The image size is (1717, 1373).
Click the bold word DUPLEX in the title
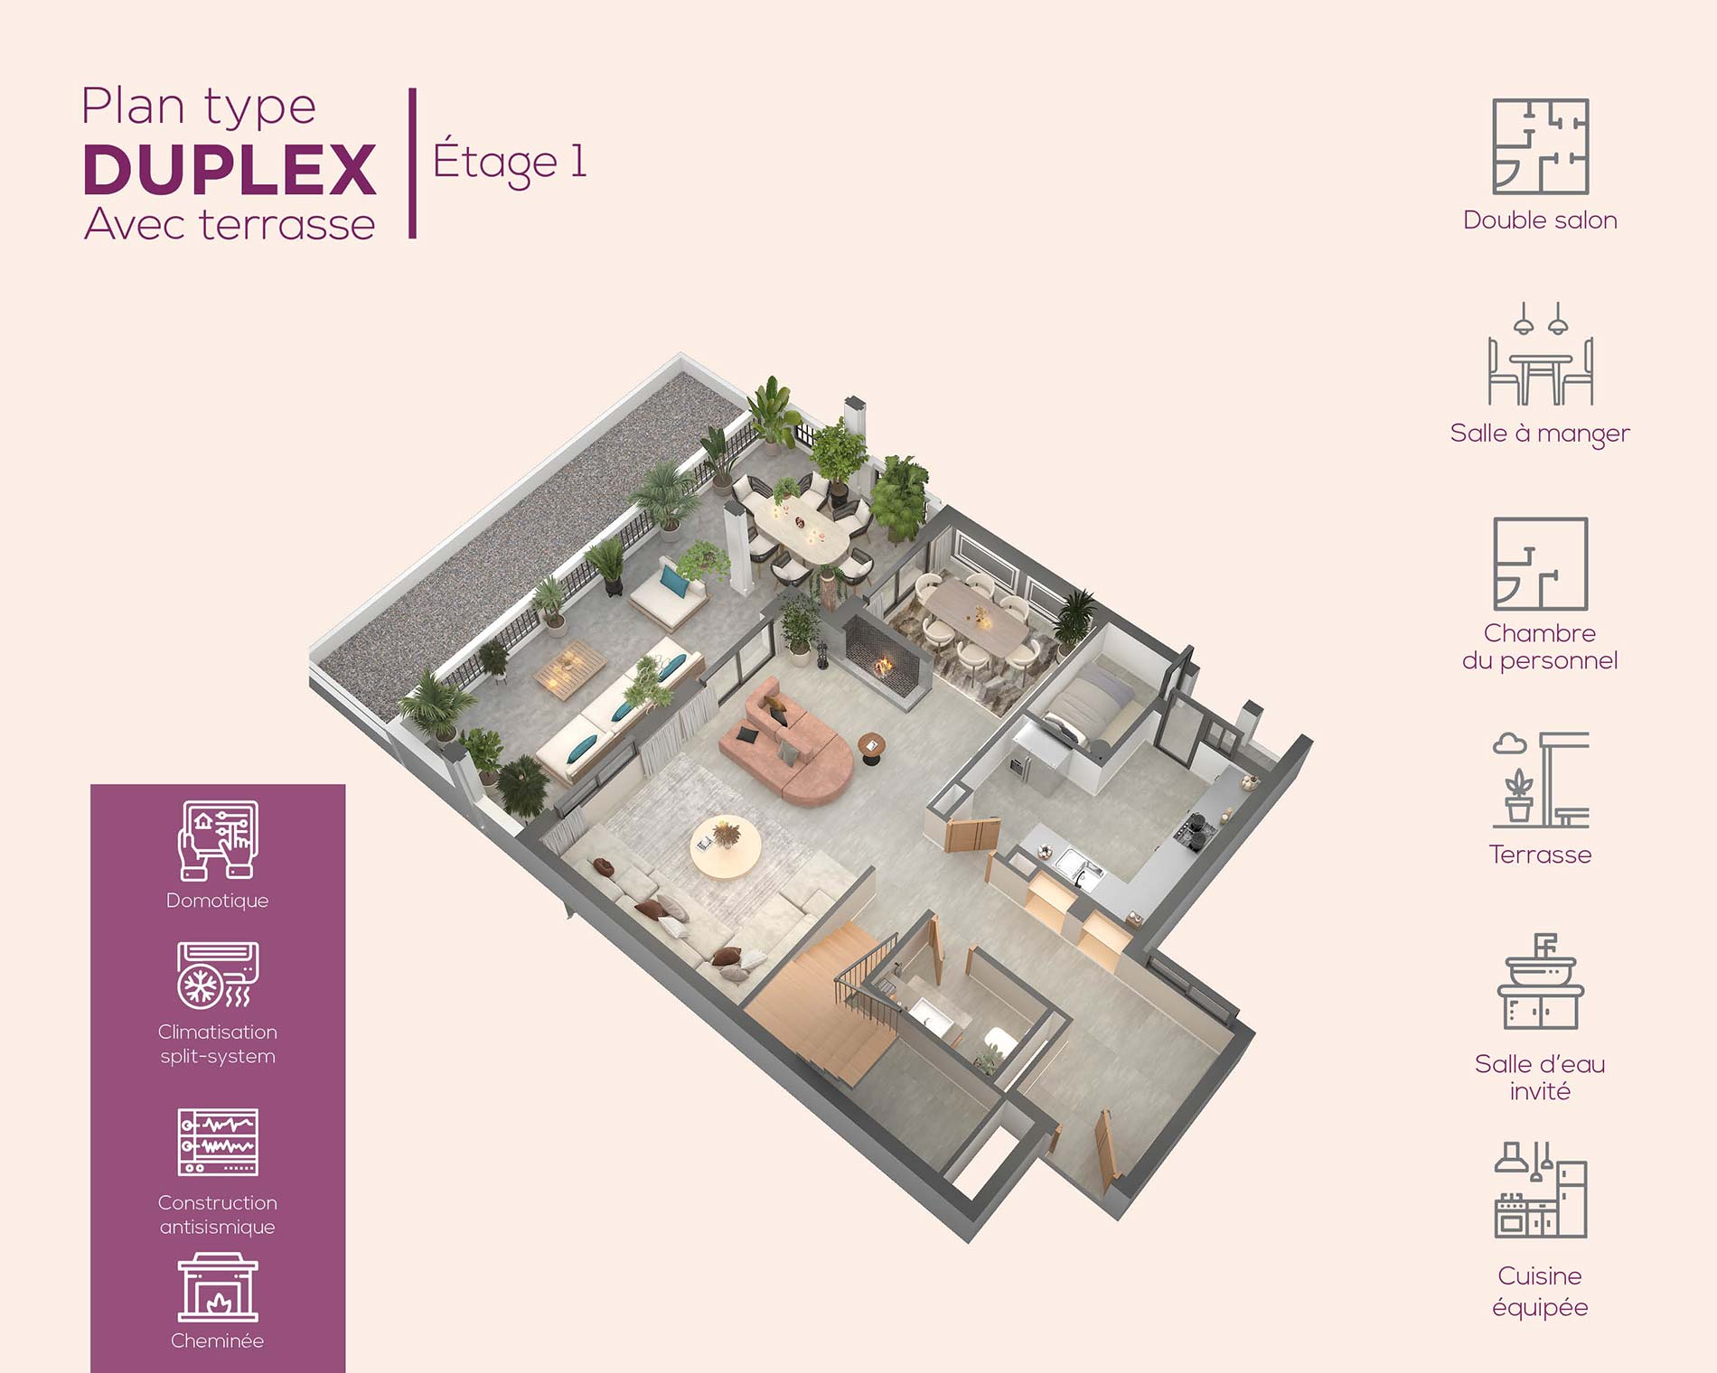[x=230, y=169]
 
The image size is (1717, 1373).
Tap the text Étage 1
[x=511, y=163]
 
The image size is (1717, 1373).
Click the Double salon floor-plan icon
[x=1540, y=146]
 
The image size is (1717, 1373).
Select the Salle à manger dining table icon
[x=1541, y=354]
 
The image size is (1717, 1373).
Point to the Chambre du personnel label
[x=1540, y=647]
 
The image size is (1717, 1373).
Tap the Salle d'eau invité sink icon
[x=1541, y=982]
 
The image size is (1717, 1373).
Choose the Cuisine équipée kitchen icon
[x=1541, y=1190]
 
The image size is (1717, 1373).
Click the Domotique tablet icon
[x=218, y=840]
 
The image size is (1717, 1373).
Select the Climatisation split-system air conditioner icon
[x=218, y=976]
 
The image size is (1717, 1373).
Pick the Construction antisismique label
[x=218, y=1215]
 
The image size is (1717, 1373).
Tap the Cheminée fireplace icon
[x=218, y=1287]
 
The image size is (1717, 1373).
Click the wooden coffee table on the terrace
[x=570, y=668]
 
